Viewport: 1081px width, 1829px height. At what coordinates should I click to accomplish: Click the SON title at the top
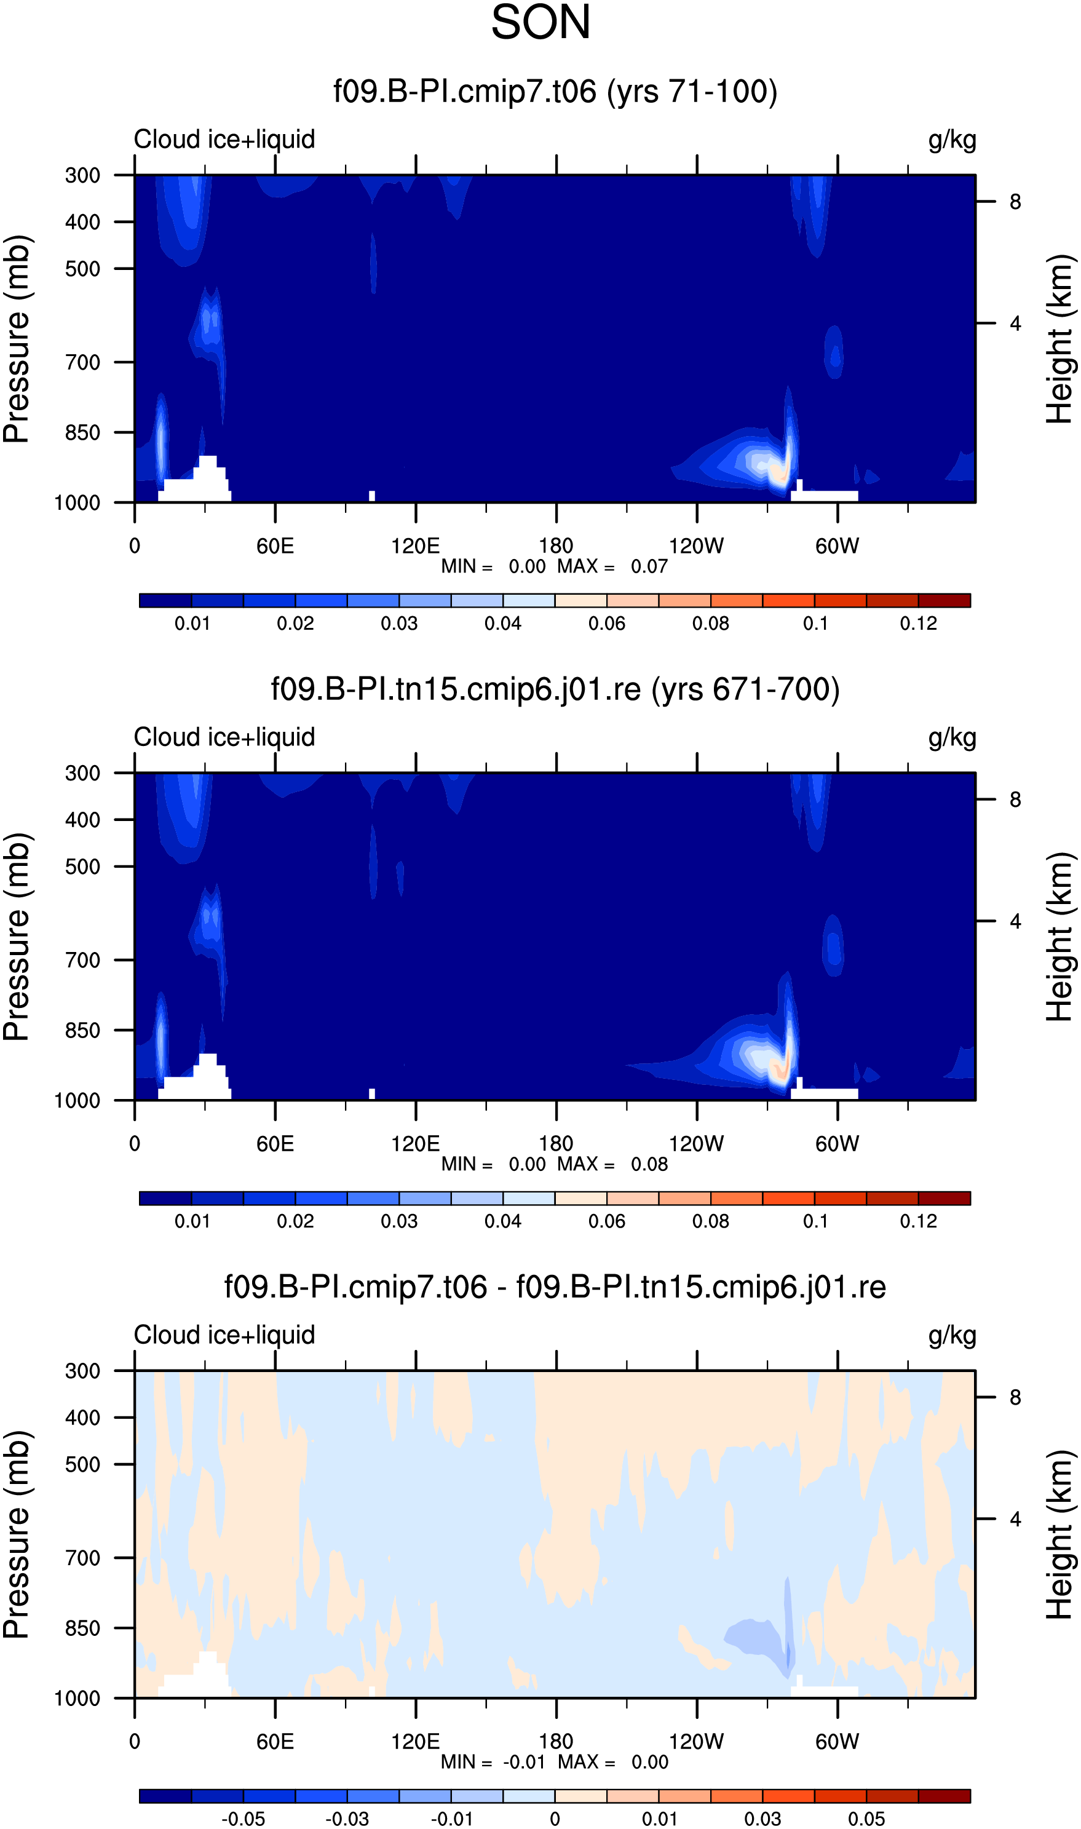[540, 22]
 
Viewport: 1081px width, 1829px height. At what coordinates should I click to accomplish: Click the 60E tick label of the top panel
[275, 546]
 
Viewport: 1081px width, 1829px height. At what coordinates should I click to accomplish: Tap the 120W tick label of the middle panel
[697, 1143]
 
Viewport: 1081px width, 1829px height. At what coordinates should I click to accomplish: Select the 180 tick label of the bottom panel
[556, 1742]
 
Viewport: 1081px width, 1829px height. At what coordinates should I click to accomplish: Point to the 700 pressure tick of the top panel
[82, 362]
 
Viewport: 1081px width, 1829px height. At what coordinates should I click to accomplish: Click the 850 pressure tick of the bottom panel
[82, 1629]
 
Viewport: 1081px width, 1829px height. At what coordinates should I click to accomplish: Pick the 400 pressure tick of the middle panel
[82, 820]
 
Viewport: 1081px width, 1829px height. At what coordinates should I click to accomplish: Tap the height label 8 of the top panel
[1015, 202]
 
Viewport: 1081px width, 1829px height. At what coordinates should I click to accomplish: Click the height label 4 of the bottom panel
[1015, 1520]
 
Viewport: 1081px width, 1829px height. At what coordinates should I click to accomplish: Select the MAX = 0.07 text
[612, 566]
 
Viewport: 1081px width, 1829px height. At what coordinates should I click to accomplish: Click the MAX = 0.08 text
[612, 1164]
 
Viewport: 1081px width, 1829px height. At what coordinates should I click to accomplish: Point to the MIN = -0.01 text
[493, 1762]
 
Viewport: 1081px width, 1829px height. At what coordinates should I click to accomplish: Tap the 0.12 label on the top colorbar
[919, 624]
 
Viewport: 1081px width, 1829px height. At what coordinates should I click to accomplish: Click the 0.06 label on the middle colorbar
[607, 1221]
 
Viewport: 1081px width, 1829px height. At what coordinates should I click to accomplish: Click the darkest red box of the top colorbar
[944, 600]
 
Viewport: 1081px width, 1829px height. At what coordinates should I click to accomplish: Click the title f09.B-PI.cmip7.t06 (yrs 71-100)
[555, 92]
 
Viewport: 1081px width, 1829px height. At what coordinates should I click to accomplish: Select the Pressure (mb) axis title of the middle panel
[16, 937]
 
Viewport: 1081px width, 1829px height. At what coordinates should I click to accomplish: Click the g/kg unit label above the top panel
[952, 139]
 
